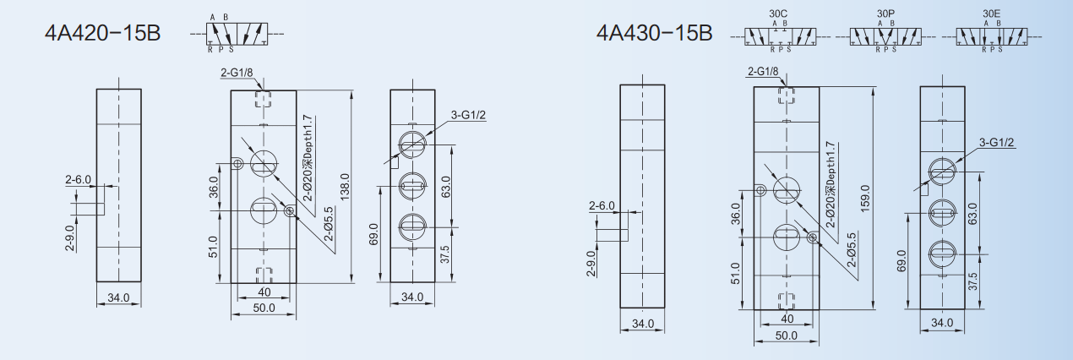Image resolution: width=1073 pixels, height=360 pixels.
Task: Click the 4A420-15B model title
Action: (102, 33)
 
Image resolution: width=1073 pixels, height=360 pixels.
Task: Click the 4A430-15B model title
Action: (654, 33)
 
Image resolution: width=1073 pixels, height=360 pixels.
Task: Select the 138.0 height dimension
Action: (345, 187)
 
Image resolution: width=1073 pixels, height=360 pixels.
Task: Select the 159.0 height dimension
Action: (865, 199)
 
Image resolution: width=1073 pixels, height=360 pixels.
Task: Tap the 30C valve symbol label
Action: (778, 14)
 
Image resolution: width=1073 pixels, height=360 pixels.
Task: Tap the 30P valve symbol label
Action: (885, 14)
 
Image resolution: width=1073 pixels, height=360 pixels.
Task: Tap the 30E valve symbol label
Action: (991, 14)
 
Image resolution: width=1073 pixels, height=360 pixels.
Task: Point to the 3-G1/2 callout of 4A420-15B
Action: (468, 115)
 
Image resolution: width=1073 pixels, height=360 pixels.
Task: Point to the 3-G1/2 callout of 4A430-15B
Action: (996, 142)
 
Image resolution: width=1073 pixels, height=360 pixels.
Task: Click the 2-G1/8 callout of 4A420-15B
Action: (237, 73)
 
